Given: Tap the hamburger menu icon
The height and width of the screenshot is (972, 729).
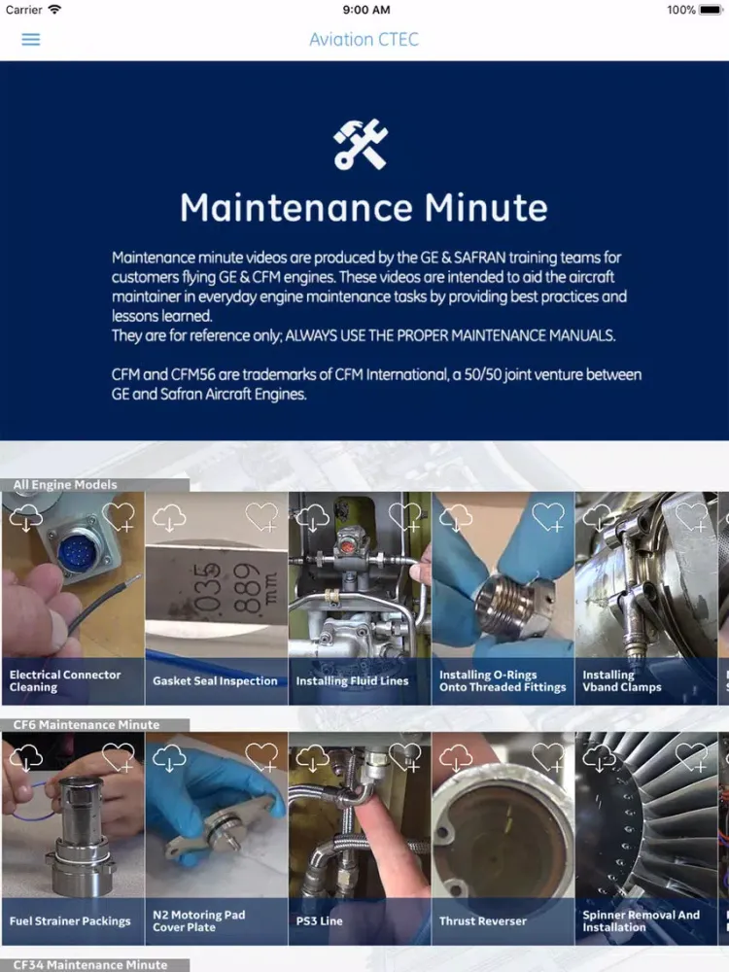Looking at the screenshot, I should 31,40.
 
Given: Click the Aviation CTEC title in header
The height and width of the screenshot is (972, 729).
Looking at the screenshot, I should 364,40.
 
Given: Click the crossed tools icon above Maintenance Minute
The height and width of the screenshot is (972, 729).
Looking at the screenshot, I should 361,145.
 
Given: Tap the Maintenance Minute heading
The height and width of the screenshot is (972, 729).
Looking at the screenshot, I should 364,208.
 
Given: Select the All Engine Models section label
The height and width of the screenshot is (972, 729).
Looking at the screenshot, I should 65,484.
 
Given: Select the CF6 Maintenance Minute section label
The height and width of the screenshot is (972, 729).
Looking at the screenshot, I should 87,724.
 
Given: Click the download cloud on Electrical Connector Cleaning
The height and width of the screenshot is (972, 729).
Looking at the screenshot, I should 26,517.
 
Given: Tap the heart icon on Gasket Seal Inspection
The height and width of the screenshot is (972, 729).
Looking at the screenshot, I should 261,517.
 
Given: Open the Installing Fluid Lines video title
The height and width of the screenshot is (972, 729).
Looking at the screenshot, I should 352,681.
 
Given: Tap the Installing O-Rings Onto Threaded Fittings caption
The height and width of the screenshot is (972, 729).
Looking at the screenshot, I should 503,680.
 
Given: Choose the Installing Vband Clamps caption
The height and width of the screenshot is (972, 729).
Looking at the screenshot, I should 622,680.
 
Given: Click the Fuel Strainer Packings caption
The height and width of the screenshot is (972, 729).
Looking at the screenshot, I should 70,921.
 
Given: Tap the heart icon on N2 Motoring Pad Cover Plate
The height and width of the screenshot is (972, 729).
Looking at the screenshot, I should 261,757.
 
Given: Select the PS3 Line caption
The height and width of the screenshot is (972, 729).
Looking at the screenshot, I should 319,921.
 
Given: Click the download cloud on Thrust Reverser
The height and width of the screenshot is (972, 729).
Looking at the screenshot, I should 456,757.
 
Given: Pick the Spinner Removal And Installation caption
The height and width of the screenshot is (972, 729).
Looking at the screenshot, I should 641,920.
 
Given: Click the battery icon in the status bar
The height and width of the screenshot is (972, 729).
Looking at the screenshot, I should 712,10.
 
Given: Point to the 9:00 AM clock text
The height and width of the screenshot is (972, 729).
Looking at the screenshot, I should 365,10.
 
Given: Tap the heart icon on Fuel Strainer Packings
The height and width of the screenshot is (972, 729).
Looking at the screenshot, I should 119,757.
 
